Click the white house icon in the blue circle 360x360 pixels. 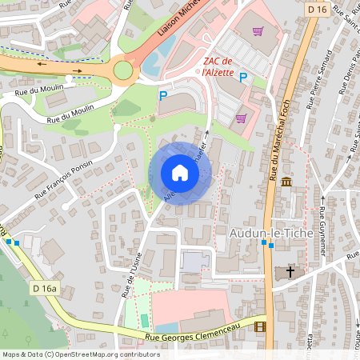[180, 173]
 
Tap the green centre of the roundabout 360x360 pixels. [122, 71]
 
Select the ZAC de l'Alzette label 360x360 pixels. [218, 66]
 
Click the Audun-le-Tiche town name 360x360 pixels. [263, 233]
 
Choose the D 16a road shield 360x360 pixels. [44, 287]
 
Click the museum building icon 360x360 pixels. [286, 183]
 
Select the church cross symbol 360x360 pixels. [290, 273]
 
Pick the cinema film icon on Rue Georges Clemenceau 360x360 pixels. [259, 326]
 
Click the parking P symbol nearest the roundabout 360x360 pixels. [163, 95]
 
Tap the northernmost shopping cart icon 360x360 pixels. [258, 32]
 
